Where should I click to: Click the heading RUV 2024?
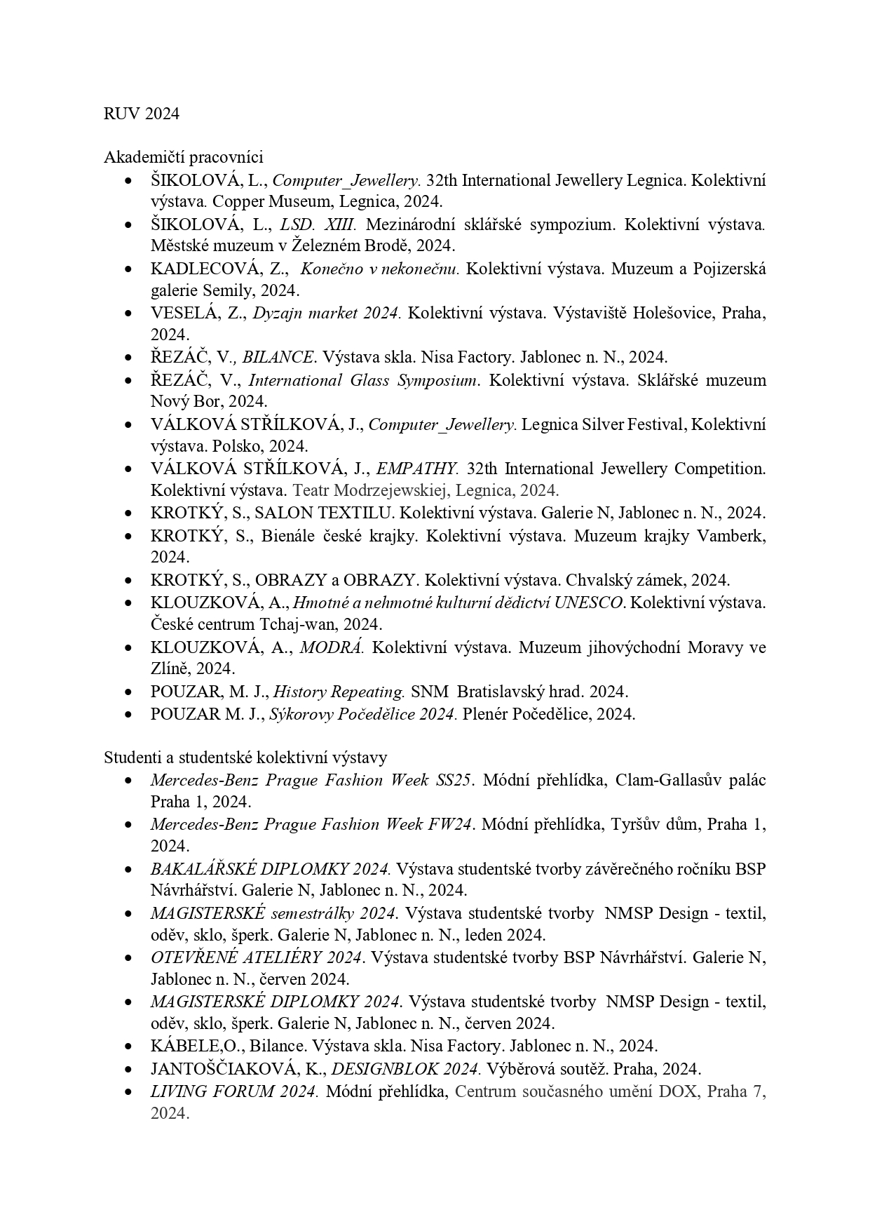point(142,114)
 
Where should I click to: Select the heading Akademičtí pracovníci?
point(184,158)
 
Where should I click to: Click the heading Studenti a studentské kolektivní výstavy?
point(245,758)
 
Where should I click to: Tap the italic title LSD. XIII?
point(318,224)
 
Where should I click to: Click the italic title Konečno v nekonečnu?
point(380,269)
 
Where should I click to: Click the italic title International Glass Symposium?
point(364,380)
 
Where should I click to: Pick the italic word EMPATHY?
point(417,469)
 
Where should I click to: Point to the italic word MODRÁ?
point(332,647)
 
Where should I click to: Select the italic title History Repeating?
point(339,692)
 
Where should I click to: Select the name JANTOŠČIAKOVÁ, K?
point(236,1069)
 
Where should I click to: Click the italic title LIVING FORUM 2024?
point(234,1091)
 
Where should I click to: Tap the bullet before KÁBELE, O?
point(128,1047)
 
